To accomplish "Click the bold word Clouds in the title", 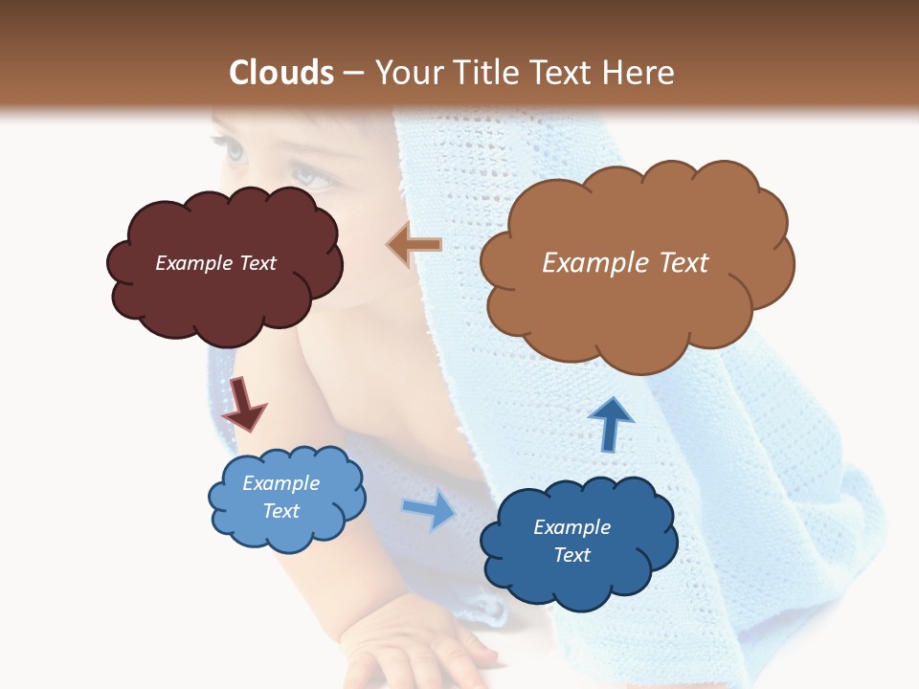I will (281, 73).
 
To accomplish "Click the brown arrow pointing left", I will (414, 245).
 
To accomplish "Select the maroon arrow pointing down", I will (243, 402).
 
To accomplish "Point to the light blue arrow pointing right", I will (429, 509).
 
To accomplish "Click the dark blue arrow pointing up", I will (610, 424).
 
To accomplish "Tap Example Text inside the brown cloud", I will (625, 263).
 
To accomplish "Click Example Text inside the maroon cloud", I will (215, 263).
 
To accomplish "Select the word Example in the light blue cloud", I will (280, 483).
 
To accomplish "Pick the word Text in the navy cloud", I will (572, 555).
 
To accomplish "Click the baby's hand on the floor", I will (421, 651).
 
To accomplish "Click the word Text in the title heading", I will (561, 73).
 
